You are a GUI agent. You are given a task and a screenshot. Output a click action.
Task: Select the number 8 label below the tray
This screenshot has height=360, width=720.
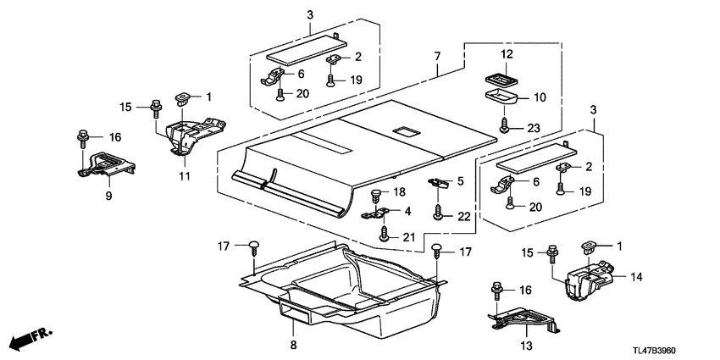[x=294, y=346]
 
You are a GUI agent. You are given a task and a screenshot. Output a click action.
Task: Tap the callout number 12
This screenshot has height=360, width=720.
[x=507, y=54]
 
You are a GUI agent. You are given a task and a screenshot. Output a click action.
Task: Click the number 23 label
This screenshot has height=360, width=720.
[x=533, y=128]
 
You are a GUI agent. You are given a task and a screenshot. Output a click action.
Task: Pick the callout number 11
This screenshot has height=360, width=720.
[x=184, y=176]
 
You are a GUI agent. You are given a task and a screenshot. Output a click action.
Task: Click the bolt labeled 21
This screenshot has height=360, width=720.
[x=383, y=236]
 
